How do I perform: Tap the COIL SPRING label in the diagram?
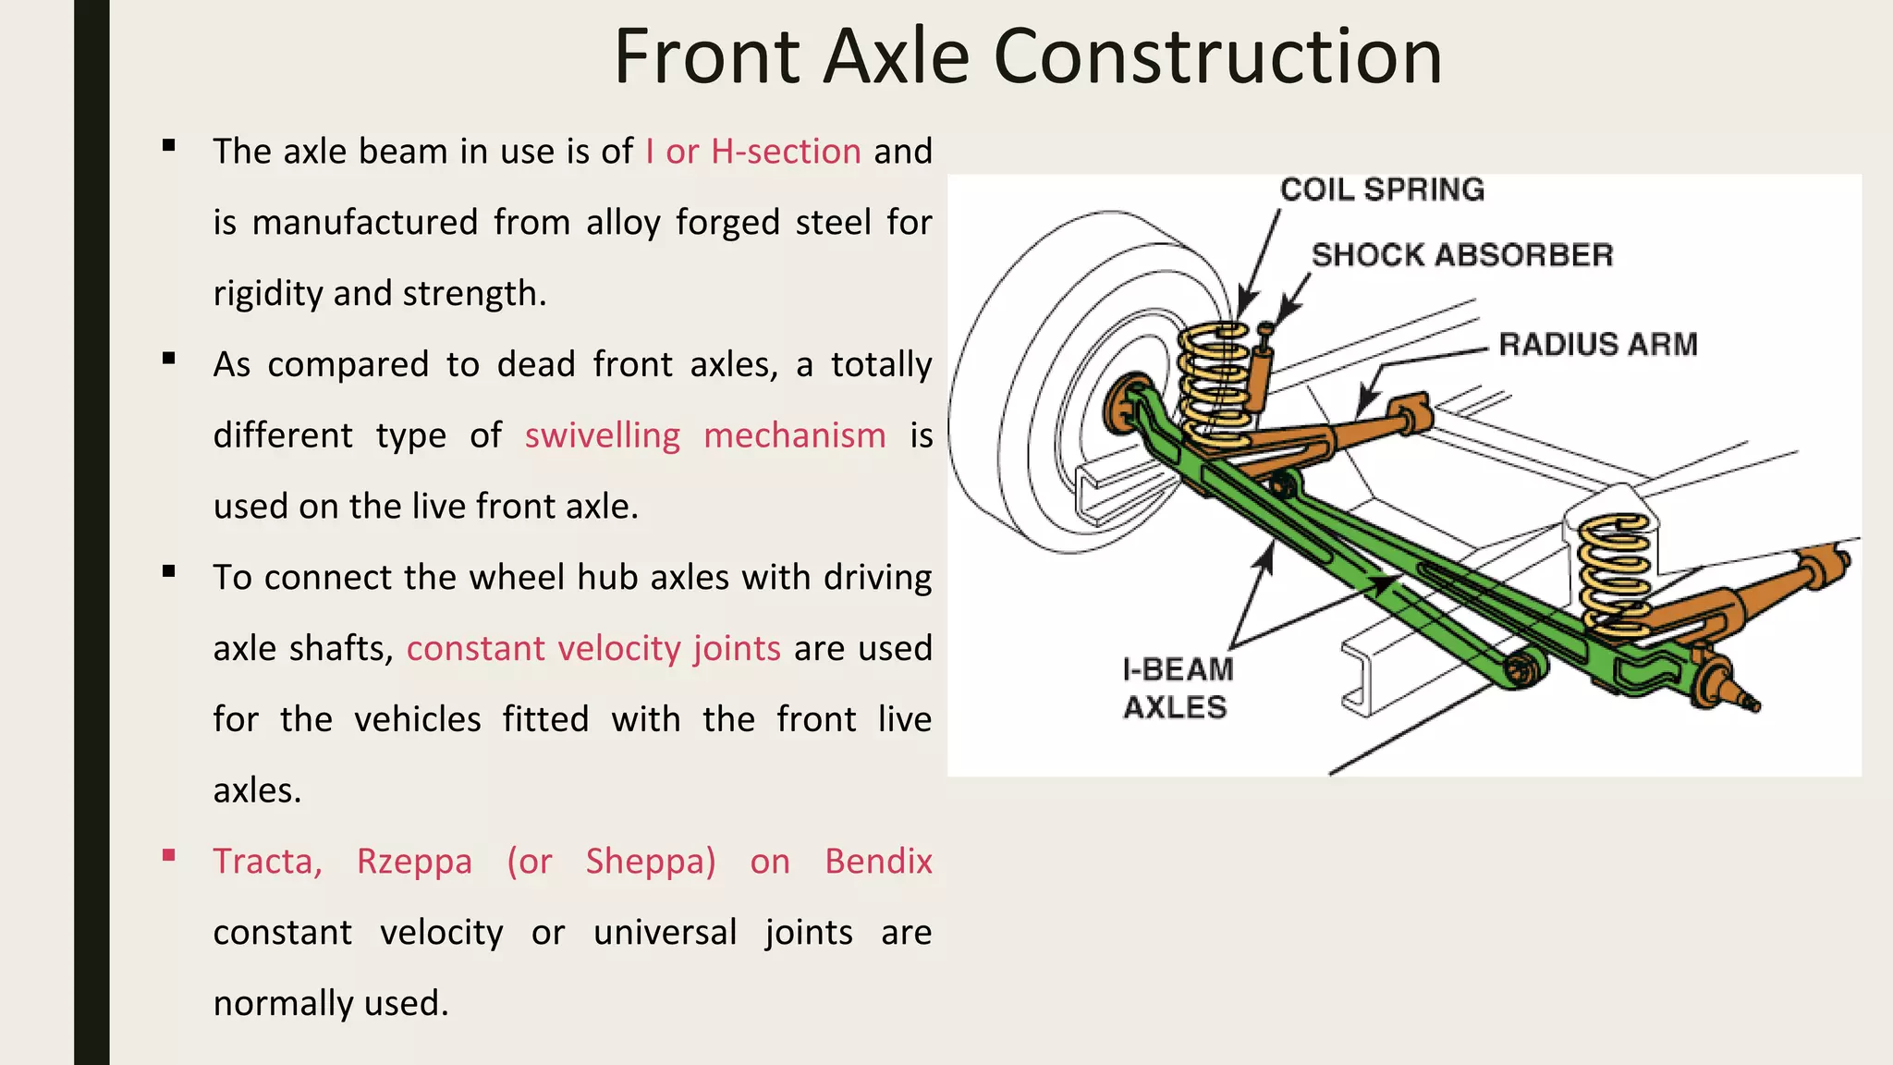(1382, 190)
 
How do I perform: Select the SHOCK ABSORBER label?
(1461, 255)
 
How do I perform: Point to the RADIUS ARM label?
(1597, 345)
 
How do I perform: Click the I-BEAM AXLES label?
(1176, 688)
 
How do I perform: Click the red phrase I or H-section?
(753, 152)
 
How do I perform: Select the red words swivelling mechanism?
(704, 435)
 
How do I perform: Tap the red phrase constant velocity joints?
(593, 649)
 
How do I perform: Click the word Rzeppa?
(414, 862)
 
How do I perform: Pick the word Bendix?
(878, 862)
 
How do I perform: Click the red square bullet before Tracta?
(168, 856)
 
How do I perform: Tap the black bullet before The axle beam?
(168, 146)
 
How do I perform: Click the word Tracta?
(267, 862)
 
